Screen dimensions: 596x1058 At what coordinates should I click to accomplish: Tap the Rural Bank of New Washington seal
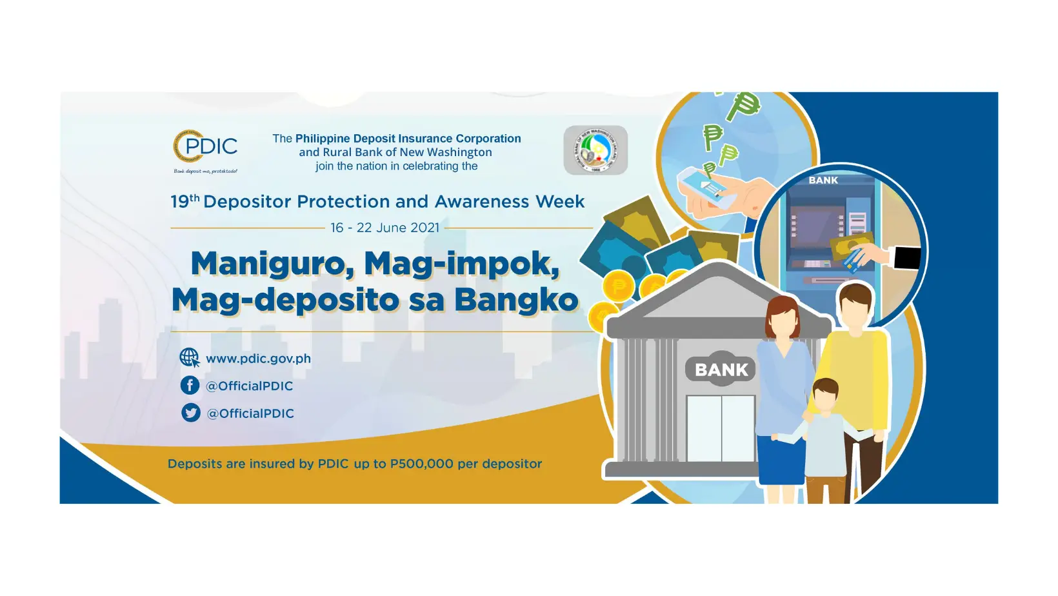595,150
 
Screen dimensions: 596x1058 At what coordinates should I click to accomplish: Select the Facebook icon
190,385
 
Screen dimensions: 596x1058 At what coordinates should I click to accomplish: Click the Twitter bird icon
191,413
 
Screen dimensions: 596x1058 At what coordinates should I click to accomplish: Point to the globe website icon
189,357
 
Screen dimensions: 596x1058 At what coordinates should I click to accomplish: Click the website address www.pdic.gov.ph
258,359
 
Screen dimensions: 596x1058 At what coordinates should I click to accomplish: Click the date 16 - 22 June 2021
384,228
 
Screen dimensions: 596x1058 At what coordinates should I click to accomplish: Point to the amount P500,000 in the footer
422,464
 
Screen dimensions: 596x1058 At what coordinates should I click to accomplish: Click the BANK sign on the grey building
721,370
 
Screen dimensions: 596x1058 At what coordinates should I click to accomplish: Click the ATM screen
813,226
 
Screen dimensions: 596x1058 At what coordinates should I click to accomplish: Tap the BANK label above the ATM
823,181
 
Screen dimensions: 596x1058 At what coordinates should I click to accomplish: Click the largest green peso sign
743,105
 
